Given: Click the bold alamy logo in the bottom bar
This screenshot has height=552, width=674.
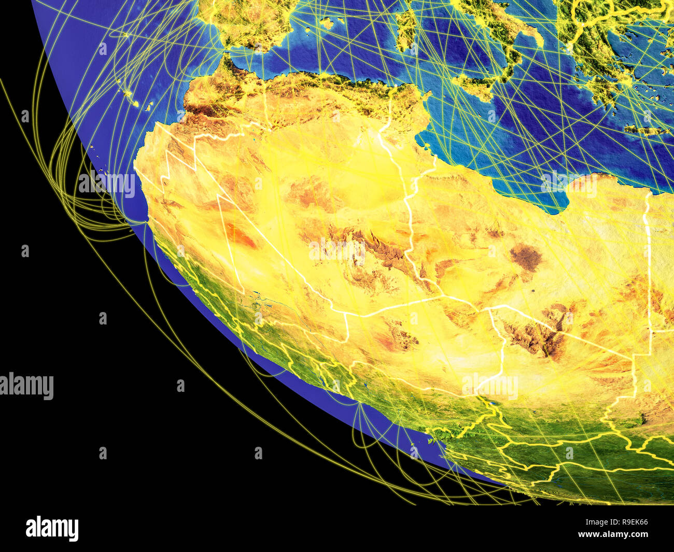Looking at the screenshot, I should click(52, 528).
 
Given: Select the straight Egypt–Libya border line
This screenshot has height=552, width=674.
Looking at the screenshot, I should click(648, 259).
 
